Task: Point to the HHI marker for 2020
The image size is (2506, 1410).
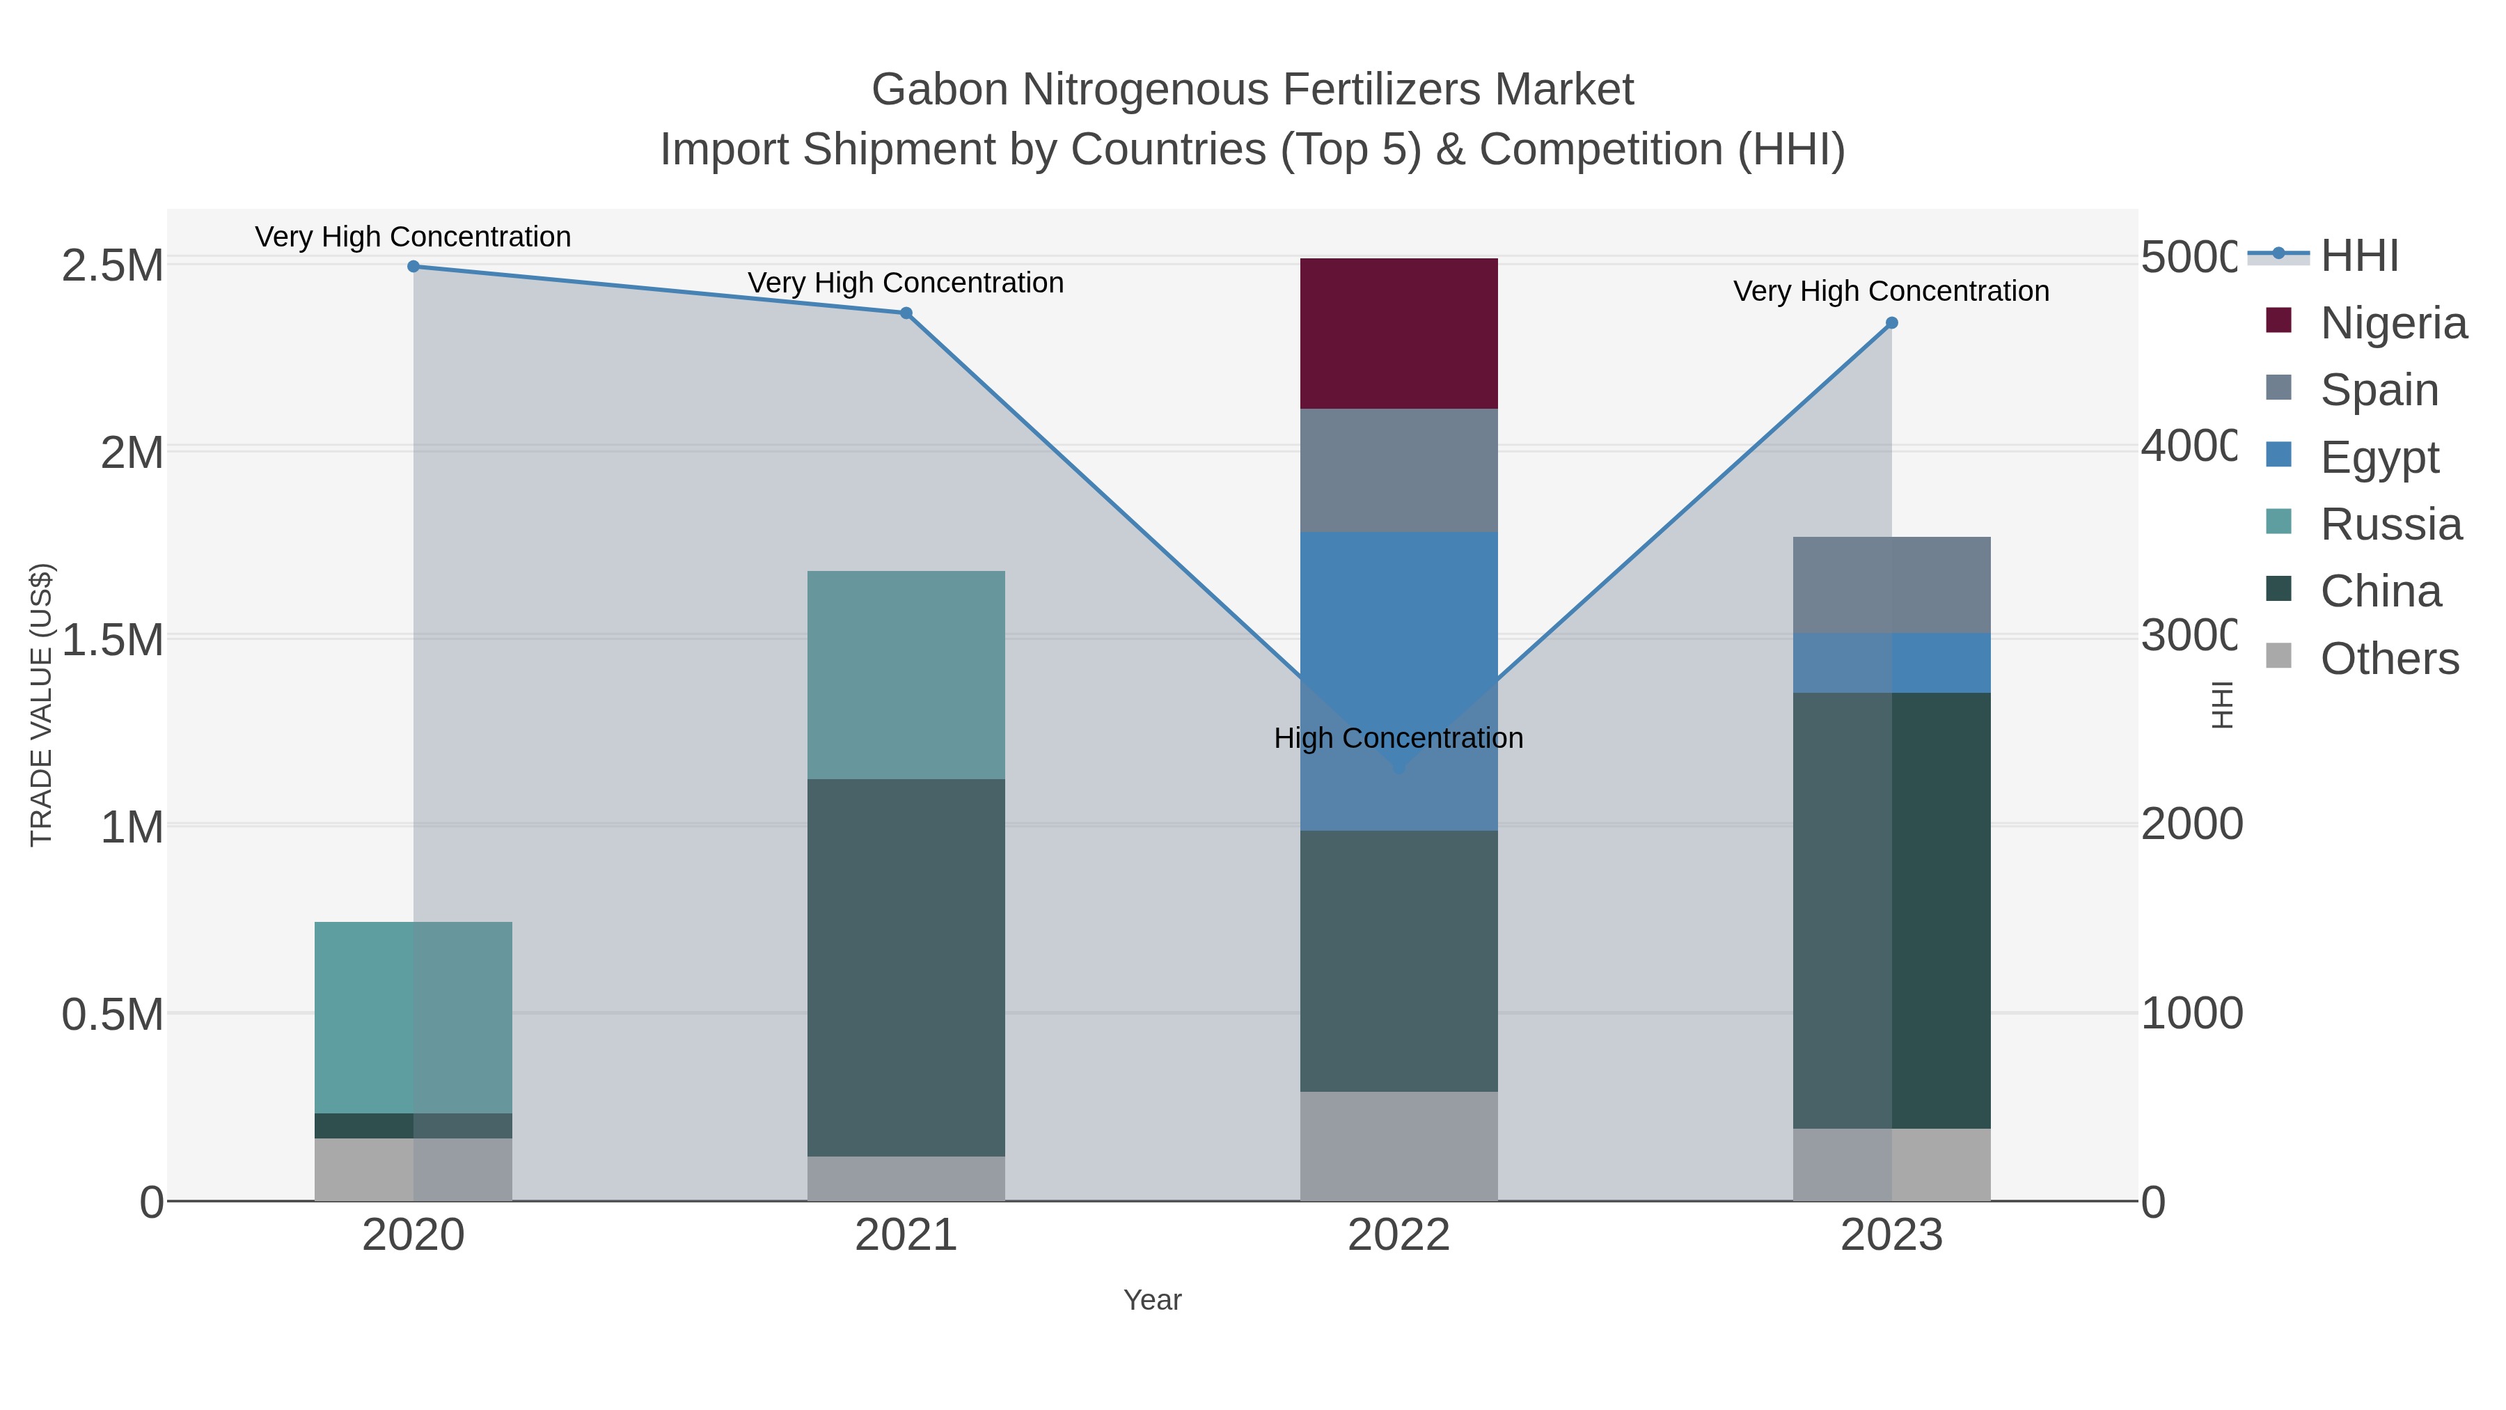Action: [413, 266]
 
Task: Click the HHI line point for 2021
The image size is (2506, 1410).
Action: [906, 313]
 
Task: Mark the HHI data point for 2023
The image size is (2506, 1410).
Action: [1891, 323]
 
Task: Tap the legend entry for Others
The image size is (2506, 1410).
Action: [2388, 659]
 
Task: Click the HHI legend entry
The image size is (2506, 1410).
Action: [2358, 256]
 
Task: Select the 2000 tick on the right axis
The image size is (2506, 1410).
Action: [2191, 824]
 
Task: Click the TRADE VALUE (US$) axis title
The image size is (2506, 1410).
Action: [42, 705]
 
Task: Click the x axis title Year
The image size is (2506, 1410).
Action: [1152, 1300]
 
